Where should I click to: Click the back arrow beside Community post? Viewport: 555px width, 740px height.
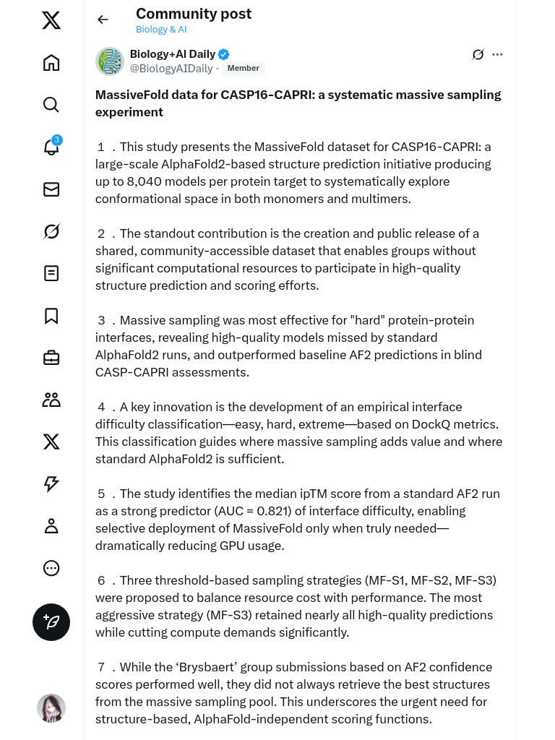(x=103, y=20)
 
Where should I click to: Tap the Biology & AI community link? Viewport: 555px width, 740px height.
(x=161, y=30)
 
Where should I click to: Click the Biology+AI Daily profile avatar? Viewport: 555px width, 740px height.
(x=110, y=61)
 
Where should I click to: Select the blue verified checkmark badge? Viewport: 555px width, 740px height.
(x=224, y=54)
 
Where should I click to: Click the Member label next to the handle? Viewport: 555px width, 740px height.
(x=243, y=69)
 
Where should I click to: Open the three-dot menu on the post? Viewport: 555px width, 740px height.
(x=497, y=54)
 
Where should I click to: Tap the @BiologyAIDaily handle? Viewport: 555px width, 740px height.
(x=171, y=69)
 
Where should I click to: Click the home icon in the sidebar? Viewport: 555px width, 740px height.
(x=51, y=63)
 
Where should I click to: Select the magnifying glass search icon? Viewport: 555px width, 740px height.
(x=51, y=105)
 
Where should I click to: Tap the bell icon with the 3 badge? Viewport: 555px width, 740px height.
(x=51, y=147)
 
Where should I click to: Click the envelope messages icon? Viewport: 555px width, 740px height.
(x=51, y=189)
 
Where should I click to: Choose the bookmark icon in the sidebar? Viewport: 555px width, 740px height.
(x=51, y=316)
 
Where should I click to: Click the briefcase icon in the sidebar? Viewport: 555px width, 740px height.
(x=51, y=358)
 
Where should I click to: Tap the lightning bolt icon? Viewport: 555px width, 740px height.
(x=51, y=484)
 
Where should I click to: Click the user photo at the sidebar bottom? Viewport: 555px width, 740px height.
(x=51, y=708)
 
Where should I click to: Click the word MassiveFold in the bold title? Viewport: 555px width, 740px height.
(x=129, y=95)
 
